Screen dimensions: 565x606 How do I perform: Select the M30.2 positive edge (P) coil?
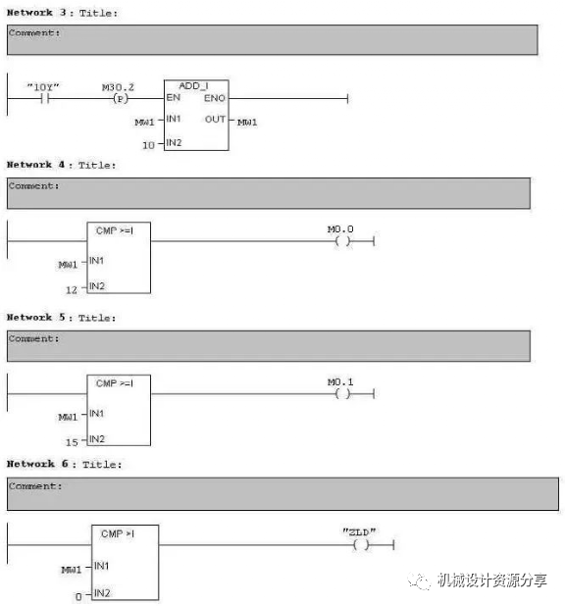(x=121, y=99)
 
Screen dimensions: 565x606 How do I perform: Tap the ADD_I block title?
(x=193, y=85)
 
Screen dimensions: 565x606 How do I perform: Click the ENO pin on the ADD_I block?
(x=214, y=98)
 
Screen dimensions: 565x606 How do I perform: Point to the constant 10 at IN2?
(x=148, y=145)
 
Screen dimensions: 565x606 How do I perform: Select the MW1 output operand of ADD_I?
(x=247, y=123)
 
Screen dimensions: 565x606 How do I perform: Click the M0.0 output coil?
(x=342, y=241)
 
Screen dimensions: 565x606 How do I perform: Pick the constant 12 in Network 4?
(x=72, y=289)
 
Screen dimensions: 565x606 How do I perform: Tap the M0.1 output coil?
(x=342, y=394)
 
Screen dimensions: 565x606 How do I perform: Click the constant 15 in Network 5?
(x=72, y=442)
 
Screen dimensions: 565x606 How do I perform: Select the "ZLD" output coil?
(x=361, y=545)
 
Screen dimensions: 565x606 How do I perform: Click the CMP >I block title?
(x=118, y=533)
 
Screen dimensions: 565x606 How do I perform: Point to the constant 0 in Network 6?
(x=78, y=596)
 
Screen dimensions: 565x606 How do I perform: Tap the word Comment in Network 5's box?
(x=31, y=338)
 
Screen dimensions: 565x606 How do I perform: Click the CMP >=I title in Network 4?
(x=115, y=230)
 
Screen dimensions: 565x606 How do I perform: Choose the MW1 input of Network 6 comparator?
(x=72, y=570)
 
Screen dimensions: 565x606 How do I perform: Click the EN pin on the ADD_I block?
(x=174, y=97)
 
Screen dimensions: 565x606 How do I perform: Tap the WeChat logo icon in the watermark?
(x=419, y=581)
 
